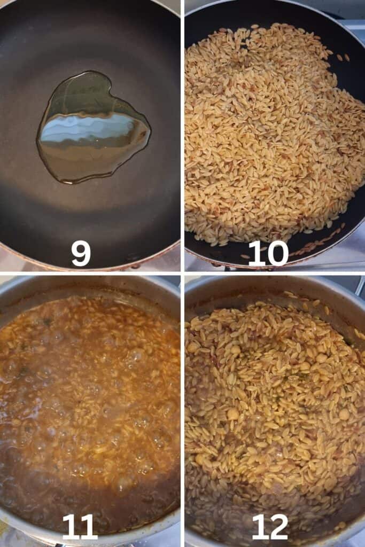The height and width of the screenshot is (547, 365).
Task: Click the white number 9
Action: coord(81,254)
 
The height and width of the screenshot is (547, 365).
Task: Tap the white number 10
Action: coord(268,254)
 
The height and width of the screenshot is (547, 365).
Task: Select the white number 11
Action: coord(80,527)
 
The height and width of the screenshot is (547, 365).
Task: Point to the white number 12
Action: coord(270,527)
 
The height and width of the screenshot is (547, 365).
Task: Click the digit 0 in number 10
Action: coord(277,254)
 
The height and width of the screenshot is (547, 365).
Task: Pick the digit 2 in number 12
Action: coord(278,527)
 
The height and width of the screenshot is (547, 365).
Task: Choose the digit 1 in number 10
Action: coord(255,254)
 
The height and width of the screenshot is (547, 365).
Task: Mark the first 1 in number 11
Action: coord(70,527)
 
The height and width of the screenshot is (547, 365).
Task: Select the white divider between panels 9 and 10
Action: coord(183,135)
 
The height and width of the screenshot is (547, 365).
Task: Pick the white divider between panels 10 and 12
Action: coord(275,273)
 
